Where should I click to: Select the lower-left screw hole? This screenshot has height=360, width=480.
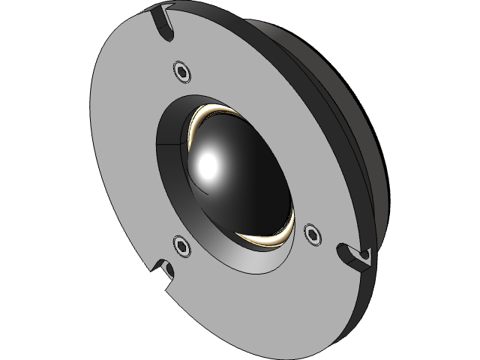[181, 244]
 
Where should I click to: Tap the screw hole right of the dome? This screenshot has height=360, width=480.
[312, 232]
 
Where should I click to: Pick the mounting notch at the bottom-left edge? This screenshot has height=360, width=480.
[163, 271]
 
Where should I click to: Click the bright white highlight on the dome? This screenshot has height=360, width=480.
[208, 163]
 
